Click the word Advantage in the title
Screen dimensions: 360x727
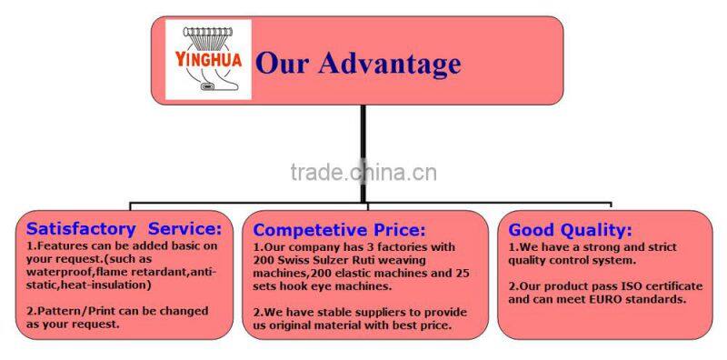tap(399, 65)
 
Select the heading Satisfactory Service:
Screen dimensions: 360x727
tap(124, 228)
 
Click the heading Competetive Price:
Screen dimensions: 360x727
tap(339, 230)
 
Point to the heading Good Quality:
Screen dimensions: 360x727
tap(570, 230)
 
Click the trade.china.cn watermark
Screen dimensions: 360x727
tap(363, 172)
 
